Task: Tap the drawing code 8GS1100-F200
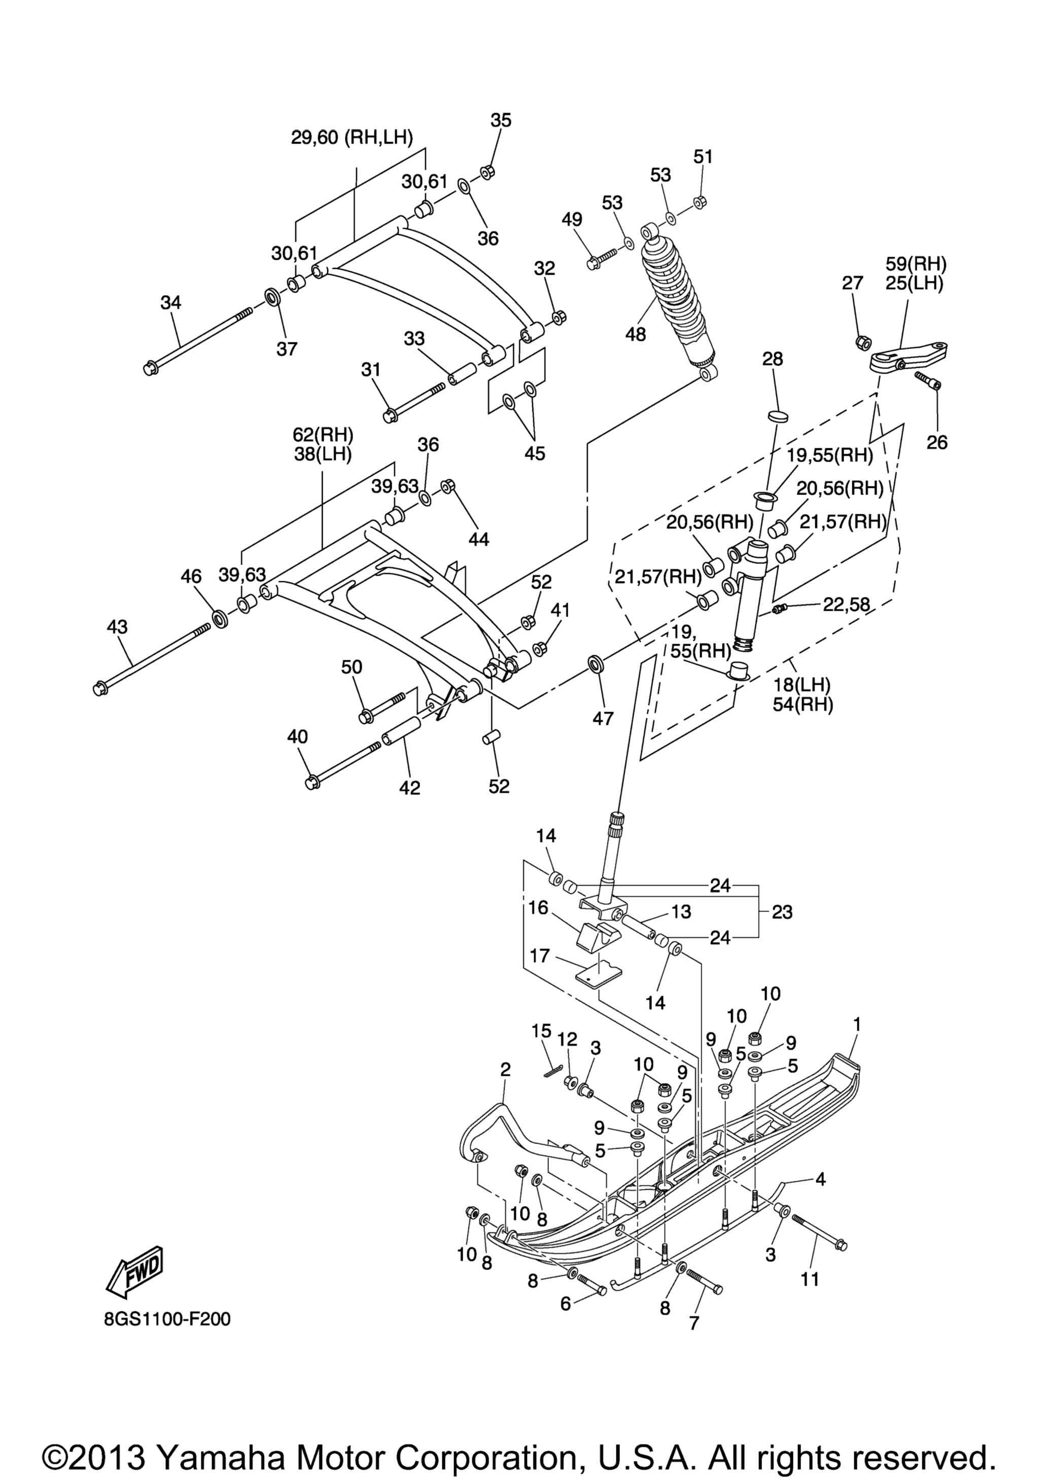[167, 1319]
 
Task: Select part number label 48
[636, 334]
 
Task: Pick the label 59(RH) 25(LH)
[916, 273]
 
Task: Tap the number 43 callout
[117, 627]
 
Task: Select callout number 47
[603, 718]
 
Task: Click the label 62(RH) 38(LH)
[323, 444]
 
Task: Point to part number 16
[538, 907]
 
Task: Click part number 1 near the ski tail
[857, 1024]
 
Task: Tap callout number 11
[810, 1278]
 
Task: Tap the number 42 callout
[410, 787]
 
